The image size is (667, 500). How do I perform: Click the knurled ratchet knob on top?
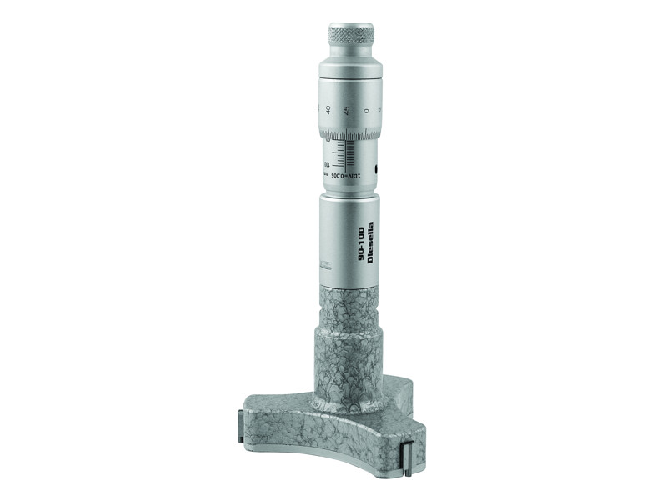[x=350, y=35]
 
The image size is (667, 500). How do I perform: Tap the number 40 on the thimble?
[x=328, y=109]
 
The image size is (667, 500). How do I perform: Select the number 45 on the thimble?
[x=346, y=110]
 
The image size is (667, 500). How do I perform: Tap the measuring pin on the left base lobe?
[x=239, y=426]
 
